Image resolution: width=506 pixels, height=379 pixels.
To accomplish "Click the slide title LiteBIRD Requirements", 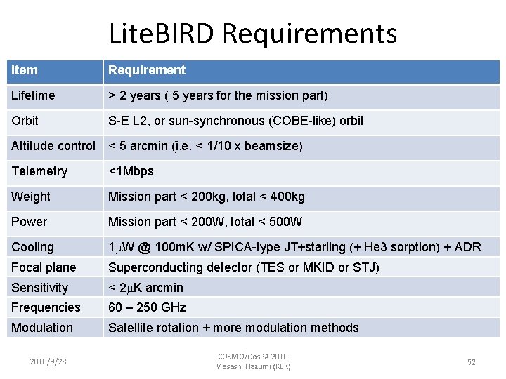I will pos(253,33).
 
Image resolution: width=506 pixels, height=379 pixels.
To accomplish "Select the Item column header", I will pos(25,70).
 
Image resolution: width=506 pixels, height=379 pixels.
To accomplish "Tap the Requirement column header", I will pos(147,70).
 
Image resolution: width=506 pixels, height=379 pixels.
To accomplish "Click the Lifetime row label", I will pos(33,95).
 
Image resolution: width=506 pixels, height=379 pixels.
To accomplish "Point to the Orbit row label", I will pos(25,121).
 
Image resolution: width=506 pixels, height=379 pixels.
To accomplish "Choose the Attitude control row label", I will pos(53,146).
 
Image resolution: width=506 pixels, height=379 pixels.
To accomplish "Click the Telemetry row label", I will pos(39,171).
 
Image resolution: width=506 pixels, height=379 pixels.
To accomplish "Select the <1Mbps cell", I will pos(131,171).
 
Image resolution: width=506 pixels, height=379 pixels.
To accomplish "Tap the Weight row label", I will pos(31,197).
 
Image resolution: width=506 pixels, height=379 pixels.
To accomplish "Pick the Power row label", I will pos(30,222).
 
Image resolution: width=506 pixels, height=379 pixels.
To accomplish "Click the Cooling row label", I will pos(32,247).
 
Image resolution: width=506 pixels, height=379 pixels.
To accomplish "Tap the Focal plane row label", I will pos(44,267).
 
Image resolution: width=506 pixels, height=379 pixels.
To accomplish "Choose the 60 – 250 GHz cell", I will pos(147,307).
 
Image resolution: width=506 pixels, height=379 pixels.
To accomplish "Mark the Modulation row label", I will pos(42,328).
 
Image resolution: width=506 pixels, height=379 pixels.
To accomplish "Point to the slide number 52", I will pos(472,362).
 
